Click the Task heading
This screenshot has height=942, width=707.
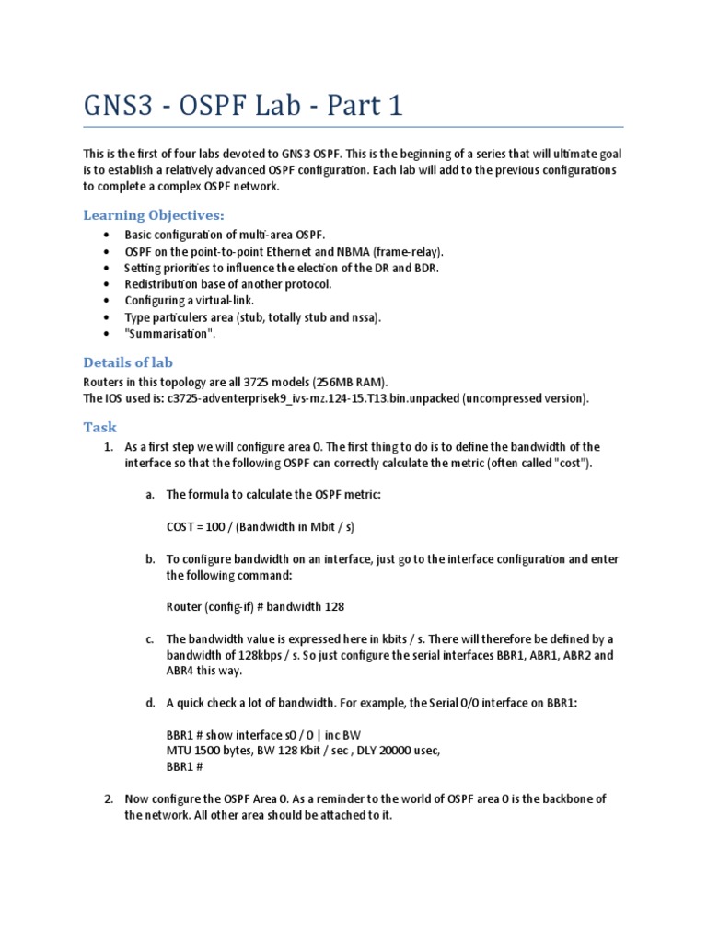[99, 427]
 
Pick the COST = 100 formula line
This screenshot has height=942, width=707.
[261, 527]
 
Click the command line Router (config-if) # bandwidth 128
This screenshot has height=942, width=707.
[255, 606]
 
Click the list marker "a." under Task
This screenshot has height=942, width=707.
[149, 495]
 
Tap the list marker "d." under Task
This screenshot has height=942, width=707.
[149, 703]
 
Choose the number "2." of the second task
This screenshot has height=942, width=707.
[108, 799]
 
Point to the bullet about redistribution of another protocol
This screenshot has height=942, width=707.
[228, 284]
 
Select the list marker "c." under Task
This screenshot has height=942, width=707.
[149, 639]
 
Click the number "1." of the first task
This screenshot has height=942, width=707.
[108, 447]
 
